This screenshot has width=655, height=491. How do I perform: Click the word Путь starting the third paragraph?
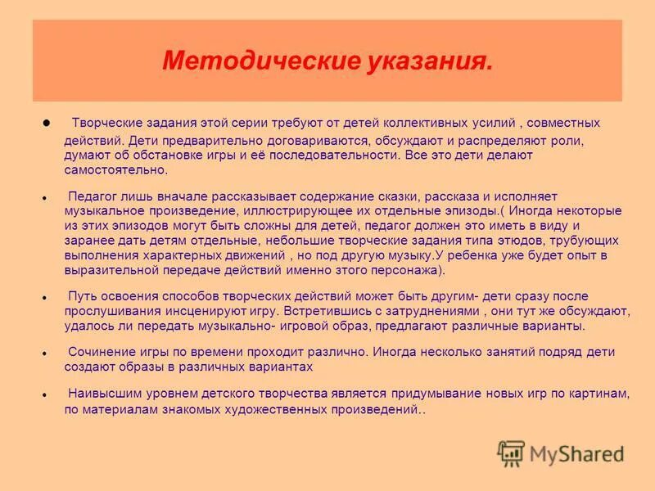click(84, 296)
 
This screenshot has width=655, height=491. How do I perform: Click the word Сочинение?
click(99, 352)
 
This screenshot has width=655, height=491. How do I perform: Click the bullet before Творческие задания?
click(47, 123)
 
